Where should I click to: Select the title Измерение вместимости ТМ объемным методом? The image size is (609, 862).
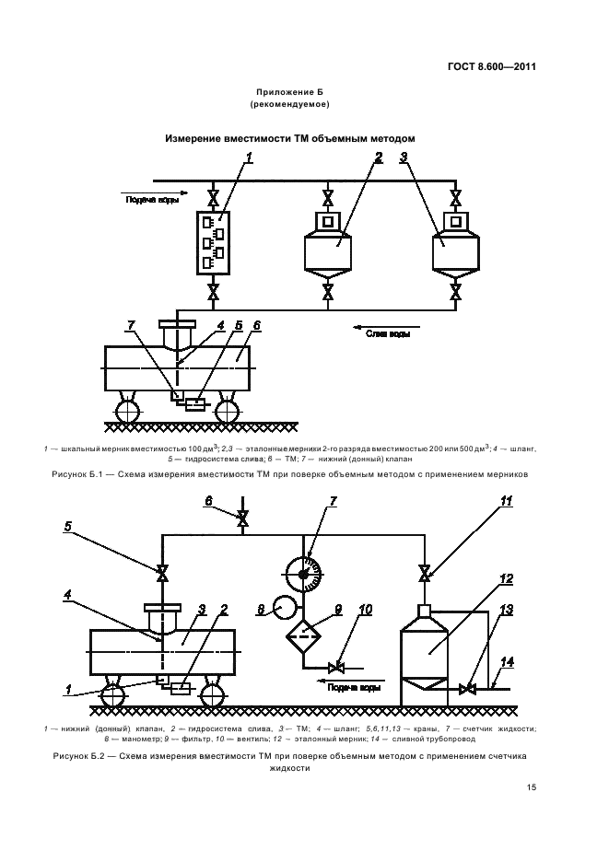coord(290,137)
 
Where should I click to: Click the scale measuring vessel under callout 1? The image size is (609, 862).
coord(213,242)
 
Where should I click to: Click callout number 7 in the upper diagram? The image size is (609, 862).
coord(132,326)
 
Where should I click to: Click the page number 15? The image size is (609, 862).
coord(531,788)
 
